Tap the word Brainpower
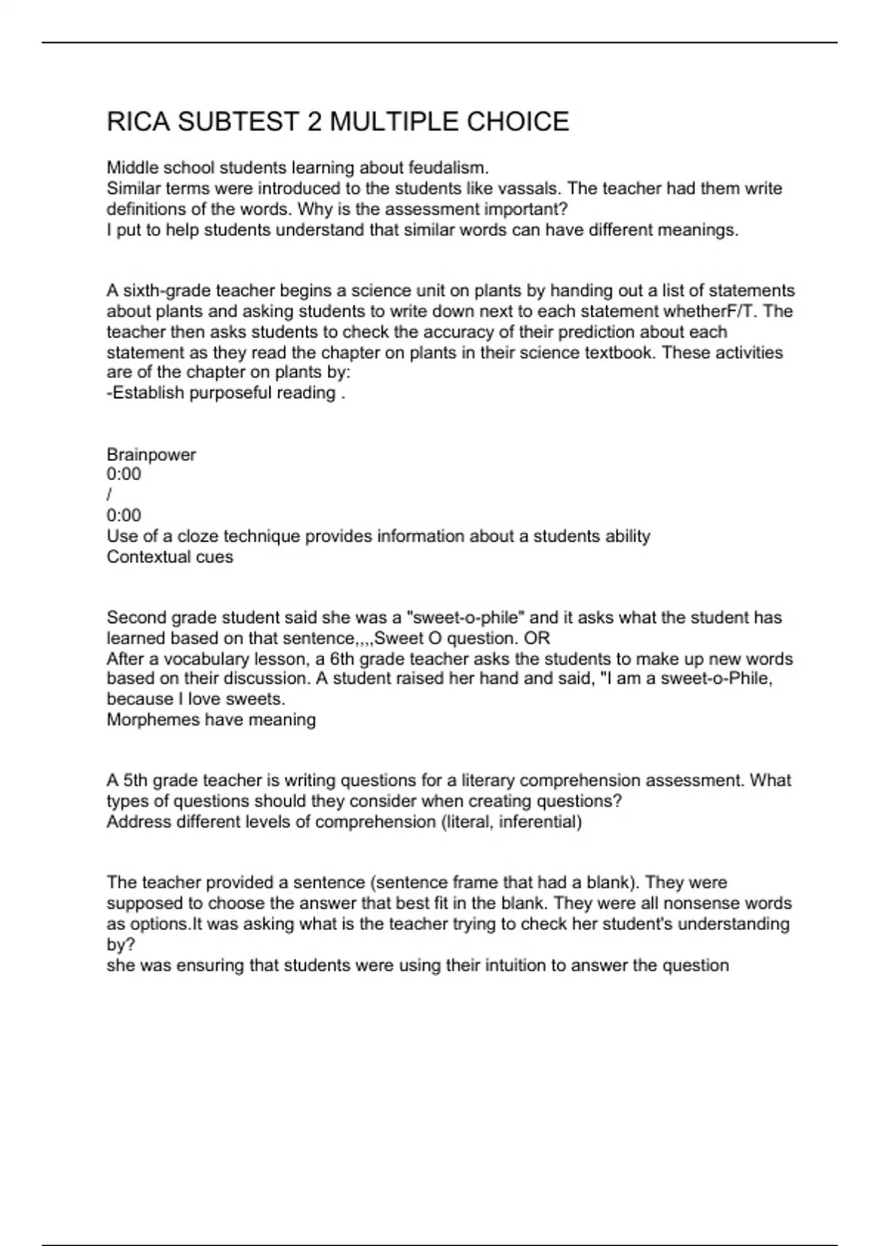click(x=151, y=454)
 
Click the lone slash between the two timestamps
click(x=109, y=495)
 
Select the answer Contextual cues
click(x=169, y=557)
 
